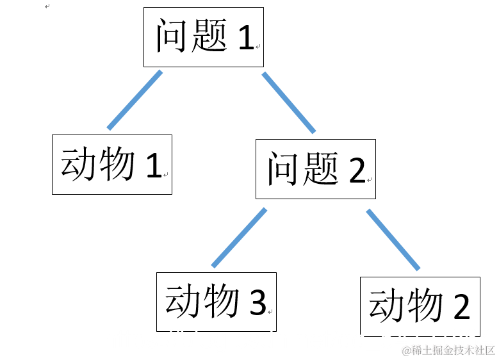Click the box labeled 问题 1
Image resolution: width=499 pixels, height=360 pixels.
(x=203, y=37)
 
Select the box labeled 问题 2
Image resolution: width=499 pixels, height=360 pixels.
(x=315, y=168)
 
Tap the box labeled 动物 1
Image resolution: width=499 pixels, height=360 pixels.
(x=111, y=164)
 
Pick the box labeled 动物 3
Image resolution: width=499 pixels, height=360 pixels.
(x=216, y=301)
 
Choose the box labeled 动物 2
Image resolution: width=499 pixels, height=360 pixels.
(x=420, y=306)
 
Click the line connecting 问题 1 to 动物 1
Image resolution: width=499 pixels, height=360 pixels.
(x=135, y=100)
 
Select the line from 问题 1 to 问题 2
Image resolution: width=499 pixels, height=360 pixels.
(x=289, y=102)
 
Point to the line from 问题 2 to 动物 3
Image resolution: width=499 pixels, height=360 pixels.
(x=239, y=237)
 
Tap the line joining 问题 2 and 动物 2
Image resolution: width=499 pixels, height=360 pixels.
(x=393, y=238)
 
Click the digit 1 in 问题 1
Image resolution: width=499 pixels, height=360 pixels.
(x=245, y=38)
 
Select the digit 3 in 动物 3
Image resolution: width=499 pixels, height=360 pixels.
(x=257, y=302)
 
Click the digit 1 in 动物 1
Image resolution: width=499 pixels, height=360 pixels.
(x=153, y=166)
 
